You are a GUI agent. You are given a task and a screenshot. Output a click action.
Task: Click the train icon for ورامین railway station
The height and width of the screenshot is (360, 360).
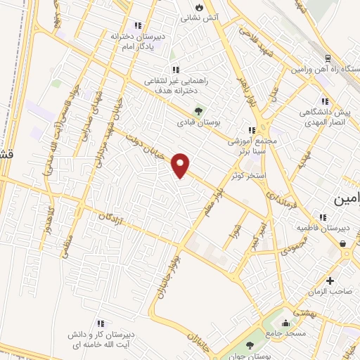(x=329, y=60)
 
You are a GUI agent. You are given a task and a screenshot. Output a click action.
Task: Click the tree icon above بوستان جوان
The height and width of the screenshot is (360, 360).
(x=250, y=345)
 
